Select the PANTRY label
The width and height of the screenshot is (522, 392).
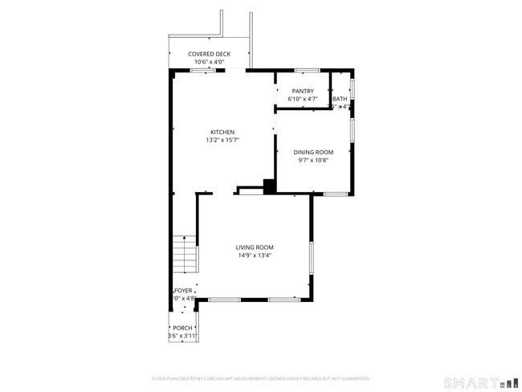(303, 92)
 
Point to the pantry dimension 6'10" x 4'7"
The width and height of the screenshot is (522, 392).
(303, 100)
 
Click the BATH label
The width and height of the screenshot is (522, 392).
(341, 100)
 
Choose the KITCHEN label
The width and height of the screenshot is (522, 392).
(222, 133)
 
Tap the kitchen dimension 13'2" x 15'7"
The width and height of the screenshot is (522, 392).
(222, 141)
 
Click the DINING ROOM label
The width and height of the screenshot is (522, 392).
(313, 152)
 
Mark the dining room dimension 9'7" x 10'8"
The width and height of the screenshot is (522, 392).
(313, 160)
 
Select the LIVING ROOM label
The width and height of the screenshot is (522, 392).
(255, 247)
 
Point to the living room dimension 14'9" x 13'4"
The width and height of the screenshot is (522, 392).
(255, 255)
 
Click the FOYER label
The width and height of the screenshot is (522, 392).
(184, 290)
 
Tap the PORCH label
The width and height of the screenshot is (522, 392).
(182, 328)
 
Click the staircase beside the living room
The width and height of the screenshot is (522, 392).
(185, 255)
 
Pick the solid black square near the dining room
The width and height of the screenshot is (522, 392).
(270, 186)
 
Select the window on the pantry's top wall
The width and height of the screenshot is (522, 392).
(307, 71)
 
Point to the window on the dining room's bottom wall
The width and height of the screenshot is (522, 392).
(335, 194)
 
